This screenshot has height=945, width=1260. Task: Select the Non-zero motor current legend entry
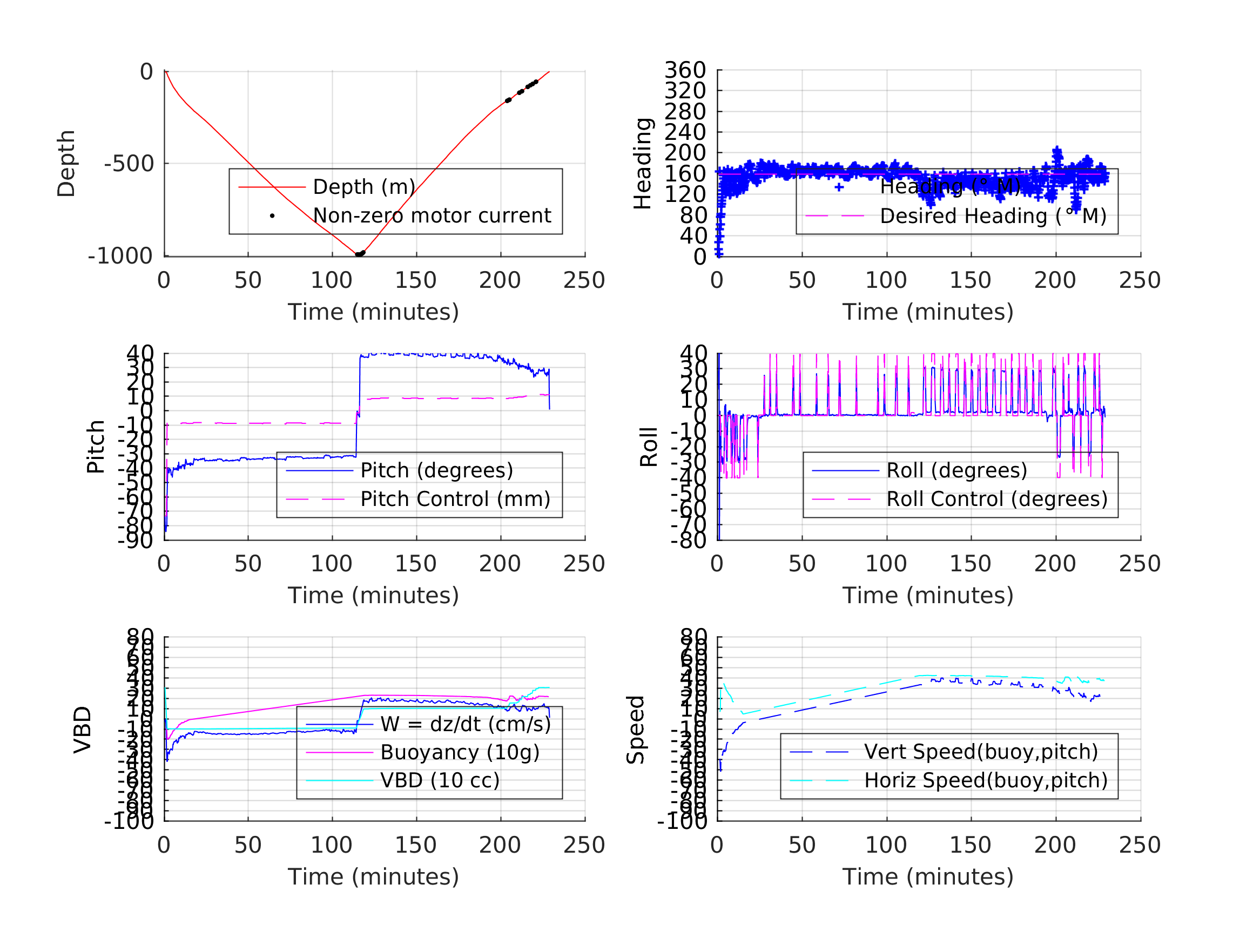[x=431, y=216]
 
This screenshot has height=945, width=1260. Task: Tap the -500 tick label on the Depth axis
[x=129, y=164]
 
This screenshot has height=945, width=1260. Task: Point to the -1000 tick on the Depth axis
[x=120, y=256]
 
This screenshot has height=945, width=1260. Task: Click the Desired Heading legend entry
[x=992, y=217]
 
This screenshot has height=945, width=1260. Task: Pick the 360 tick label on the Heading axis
[x=685, y=71]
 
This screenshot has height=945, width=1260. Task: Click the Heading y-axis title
[x=643, y=164]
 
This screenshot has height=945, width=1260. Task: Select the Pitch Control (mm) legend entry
[x=455, y=499]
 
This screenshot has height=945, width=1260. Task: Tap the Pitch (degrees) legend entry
[x=436, y=470]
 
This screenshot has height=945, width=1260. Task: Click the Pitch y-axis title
[x=96, y=447]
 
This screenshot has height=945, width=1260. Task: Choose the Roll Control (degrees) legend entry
[x=996, y=499]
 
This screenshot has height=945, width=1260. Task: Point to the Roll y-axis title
[x=649, y=447]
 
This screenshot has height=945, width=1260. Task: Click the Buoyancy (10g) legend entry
[x=459, y=752]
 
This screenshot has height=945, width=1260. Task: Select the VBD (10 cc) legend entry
[x=439, y=780]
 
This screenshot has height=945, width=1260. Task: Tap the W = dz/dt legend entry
[x=465, y=725]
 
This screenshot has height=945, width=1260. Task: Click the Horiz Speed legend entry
[x=985, y=780]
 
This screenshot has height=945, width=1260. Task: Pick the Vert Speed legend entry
[x=980, y=752]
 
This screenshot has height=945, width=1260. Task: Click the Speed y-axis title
[x=636, y=730]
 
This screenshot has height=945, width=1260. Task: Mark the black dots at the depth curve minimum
[x=360, y=253]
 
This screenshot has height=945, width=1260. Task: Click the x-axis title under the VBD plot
[x=373, y=876]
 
